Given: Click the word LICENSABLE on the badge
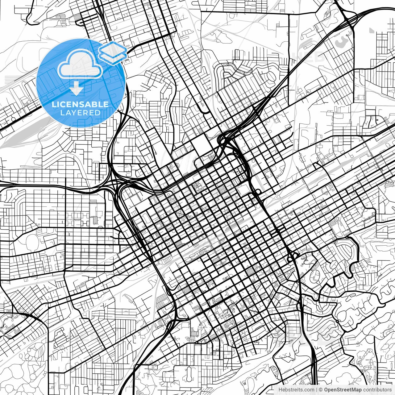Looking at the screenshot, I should (x=80, y=104).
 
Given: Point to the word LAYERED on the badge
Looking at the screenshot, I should (x=80, y=113).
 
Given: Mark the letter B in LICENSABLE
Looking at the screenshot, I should (x=96, y=104).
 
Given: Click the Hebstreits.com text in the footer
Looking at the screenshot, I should (x=297, y=390).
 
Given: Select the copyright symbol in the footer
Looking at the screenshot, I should (x=321, y=390).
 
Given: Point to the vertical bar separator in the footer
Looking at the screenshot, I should (x=317, y=390).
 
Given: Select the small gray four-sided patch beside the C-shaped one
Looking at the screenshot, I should (x=372, y=30).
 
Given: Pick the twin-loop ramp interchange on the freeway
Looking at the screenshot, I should (x=292, y=256).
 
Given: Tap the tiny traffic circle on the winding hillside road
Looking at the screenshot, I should (x=337, y=321).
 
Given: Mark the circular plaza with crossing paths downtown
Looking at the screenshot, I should (x=180, y=213).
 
